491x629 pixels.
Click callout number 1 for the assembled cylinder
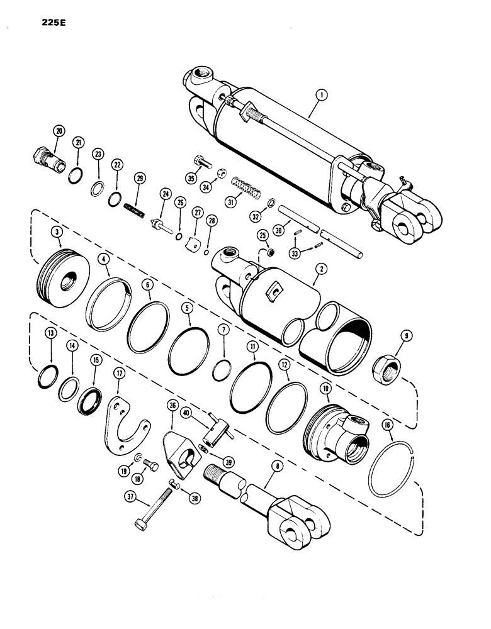coord(322,96)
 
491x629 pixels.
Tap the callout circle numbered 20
coord(59,131)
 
